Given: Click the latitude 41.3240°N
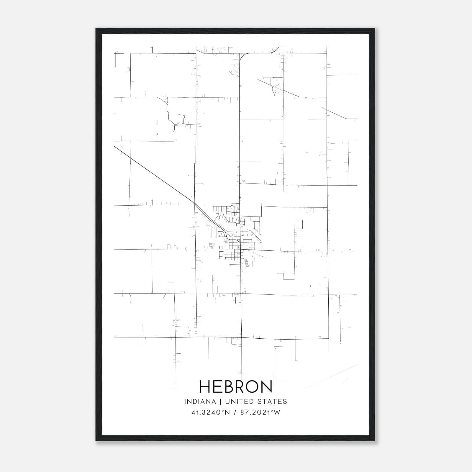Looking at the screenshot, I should click(210, 412).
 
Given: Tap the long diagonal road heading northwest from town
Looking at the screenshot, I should click(153, 174).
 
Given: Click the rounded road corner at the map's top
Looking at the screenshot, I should click(243, 56).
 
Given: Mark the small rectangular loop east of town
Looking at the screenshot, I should click(300, 224).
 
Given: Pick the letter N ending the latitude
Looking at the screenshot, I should click(227, 412).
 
